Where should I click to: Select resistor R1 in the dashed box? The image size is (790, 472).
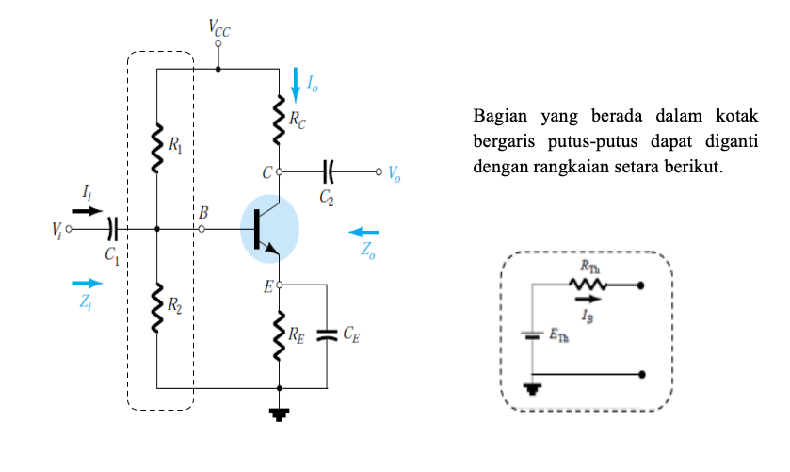click(x=157, y=147)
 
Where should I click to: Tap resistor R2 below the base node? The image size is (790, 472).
click(x=157, y=307)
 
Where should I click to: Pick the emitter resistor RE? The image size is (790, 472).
click(x=280, y=335)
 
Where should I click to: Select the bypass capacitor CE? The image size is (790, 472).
click(x=326, y=334)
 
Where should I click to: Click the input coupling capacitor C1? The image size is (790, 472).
click(x=112, y=229)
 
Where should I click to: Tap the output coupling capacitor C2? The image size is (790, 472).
click(x=328, y=172)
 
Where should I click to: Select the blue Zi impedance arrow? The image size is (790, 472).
click(x=87, y=283)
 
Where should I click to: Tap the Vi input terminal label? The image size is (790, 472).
click(x=56, y=230)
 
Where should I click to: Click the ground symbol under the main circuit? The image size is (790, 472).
click(x=280, y=412)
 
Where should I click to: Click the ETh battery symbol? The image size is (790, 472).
click(x=533, y=334)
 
